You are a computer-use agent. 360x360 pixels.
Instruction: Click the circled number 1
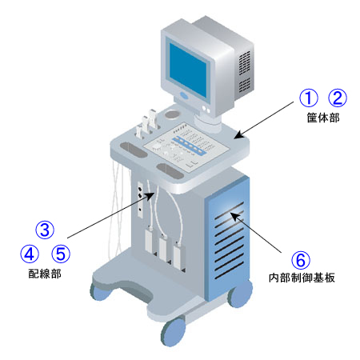[x=308, y=98]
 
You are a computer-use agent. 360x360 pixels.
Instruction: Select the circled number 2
[x=338, y=98]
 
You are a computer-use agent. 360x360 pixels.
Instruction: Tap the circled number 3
[x=45, y=230]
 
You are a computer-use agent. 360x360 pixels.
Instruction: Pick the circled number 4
[x=30, y=254]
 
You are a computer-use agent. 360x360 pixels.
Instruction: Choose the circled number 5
[x=61, y=254]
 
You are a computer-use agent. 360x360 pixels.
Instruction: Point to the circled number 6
[x=301, y=260]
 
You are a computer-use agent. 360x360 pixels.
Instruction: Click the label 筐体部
[x=323, y=118]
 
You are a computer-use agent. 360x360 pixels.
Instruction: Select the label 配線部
[x=45, y=274]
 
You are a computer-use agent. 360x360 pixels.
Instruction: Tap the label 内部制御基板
[x=302, y=278]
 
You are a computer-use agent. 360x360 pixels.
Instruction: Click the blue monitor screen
[x=188, y=70]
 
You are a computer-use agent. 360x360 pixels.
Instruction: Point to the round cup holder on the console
[x=172, y=114]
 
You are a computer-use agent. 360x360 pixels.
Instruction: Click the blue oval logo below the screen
[x=185, y=95]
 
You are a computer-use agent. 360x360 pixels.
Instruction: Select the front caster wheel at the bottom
[x=173, y=331]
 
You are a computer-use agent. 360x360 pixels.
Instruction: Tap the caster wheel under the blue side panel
[x=240, y=293]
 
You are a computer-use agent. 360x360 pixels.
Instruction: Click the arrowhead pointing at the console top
[x=238, y=135]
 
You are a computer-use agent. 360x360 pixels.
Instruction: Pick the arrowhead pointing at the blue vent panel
[x=234, y=217]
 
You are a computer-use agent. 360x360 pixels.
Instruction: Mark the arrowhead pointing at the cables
[x=150, y=195]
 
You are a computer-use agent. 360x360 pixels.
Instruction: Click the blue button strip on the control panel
[x=189, y=146]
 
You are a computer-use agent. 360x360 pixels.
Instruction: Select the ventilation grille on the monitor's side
[x=244, y=71]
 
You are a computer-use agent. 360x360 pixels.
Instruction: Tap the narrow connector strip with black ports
[x=140, y=200]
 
